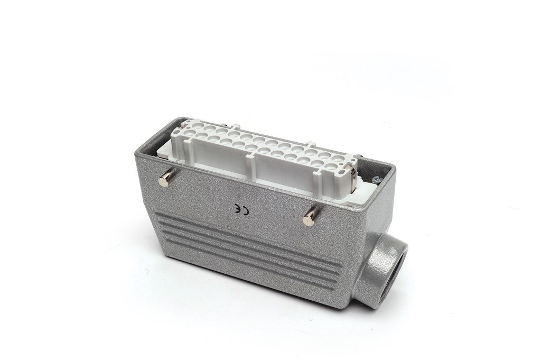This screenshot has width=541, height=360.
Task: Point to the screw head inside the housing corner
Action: click(x=376, y=180)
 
